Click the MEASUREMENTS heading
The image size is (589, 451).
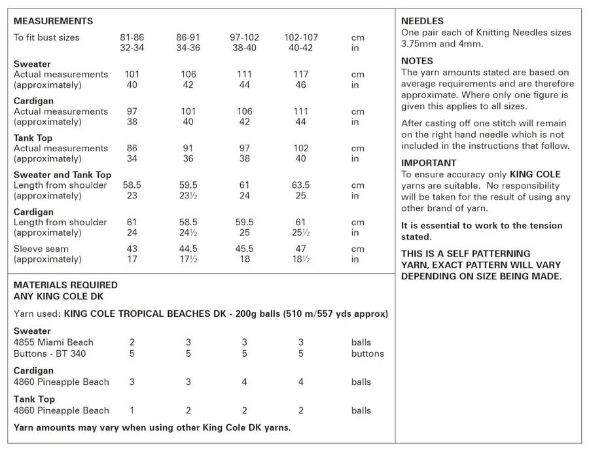pos(53,22)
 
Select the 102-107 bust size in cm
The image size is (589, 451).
pos(300,37)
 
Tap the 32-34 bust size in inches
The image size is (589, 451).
pos(132,48)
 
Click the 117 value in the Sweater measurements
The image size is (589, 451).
pos(300,75)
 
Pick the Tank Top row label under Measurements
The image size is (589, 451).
pos(33,138)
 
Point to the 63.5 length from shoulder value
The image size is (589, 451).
pos(300,185)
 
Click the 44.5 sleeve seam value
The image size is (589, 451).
pos(188,249)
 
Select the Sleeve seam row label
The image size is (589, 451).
pos(41,249)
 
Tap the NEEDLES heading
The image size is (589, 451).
pos(422,22)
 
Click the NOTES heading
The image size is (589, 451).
pos(417,61)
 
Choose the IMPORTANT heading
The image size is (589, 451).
pos(429,163)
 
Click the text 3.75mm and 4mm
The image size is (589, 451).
pos(443,44)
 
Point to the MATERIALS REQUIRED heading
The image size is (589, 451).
pos(65,285)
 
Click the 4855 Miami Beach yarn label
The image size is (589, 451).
pos(54,342)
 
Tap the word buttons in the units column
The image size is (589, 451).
pos(367,353)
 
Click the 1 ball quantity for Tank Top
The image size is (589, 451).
pos(132,410)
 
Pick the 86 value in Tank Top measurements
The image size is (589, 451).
pos(132,149)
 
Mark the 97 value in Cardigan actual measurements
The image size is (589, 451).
pos(132,111)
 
